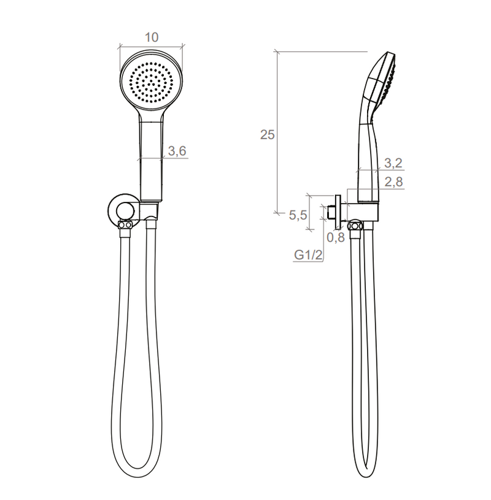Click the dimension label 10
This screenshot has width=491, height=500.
coord(152,37)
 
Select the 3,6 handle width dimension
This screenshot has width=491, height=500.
coord(177,151)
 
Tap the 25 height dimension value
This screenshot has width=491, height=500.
coord(268,135)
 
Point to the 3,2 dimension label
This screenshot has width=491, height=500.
coord(393,163)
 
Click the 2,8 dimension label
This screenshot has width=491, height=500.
coord(393,182)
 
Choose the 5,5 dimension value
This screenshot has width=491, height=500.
coord(298,215)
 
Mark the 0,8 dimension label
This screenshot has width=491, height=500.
coord(336,237)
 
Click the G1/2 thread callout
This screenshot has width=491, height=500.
coord(308,255)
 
